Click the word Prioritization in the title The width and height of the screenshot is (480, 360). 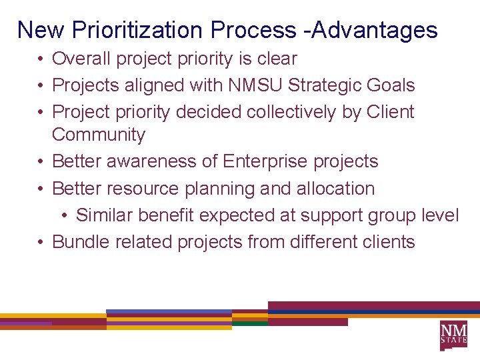click(x=139, y=30)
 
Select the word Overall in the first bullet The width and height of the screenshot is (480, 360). click(x=81, y=59)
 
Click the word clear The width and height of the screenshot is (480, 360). click(x=277, y=59)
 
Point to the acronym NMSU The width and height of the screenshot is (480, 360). click(x=251, y=85)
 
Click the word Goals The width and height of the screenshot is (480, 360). click(x=394, y=85)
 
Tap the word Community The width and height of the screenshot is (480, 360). click(x=98, y=135)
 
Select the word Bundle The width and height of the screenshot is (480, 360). click(x=81, y=242)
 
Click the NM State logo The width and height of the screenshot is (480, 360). click(x=453, y=335)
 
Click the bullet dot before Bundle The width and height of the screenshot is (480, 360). click(x=41, y=242)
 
